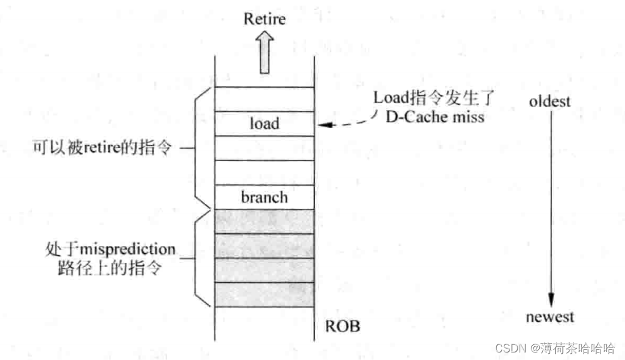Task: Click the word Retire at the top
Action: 264,19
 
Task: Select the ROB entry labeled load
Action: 264,124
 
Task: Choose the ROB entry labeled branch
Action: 264,197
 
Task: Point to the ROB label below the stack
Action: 343,327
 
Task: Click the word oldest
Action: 550,100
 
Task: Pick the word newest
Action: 550,317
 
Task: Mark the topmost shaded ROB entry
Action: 264,221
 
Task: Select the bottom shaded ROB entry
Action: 264,295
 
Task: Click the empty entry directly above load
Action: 264,100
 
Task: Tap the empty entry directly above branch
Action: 264,172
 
